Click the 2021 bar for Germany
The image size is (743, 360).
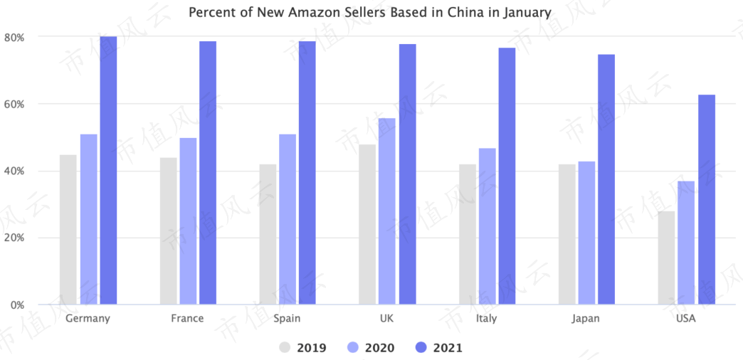click(108, 171)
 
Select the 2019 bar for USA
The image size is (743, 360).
click(666, 258)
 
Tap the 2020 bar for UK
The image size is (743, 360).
click(386, 211)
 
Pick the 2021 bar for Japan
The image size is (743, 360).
click(606, 179)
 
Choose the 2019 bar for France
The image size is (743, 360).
click(168, 231)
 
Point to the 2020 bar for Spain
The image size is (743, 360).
click(287, 219)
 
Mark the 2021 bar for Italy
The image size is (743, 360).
click(507, 176)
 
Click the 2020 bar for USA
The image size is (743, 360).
click(686, 243)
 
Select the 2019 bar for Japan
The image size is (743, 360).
click(567, 235)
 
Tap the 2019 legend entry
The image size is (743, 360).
click(302, 348)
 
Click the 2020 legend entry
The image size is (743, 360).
click(371, 348)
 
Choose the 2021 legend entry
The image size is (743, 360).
click(439, 348)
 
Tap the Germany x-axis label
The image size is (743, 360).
click(88, 318)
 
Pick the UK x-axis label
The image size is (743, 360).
click(386, 318)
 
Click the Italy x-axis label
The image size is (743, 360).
click(486, 318)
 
